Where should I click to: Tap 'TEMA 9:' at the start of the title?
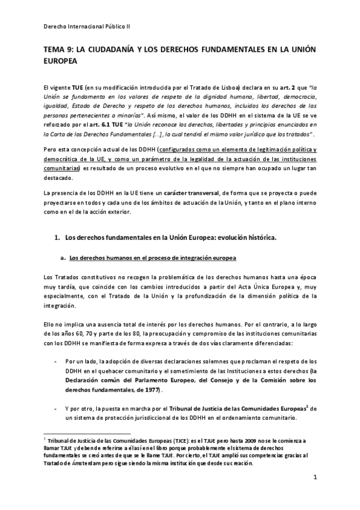click(x=59, y=51)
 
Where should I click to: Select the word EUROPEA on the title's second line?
click(x=62, y=61)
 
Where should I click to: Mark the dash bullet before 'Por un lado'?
click(x=55, y=361)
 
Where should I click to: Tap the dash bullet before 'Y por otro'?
click(x=55, y=408)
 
